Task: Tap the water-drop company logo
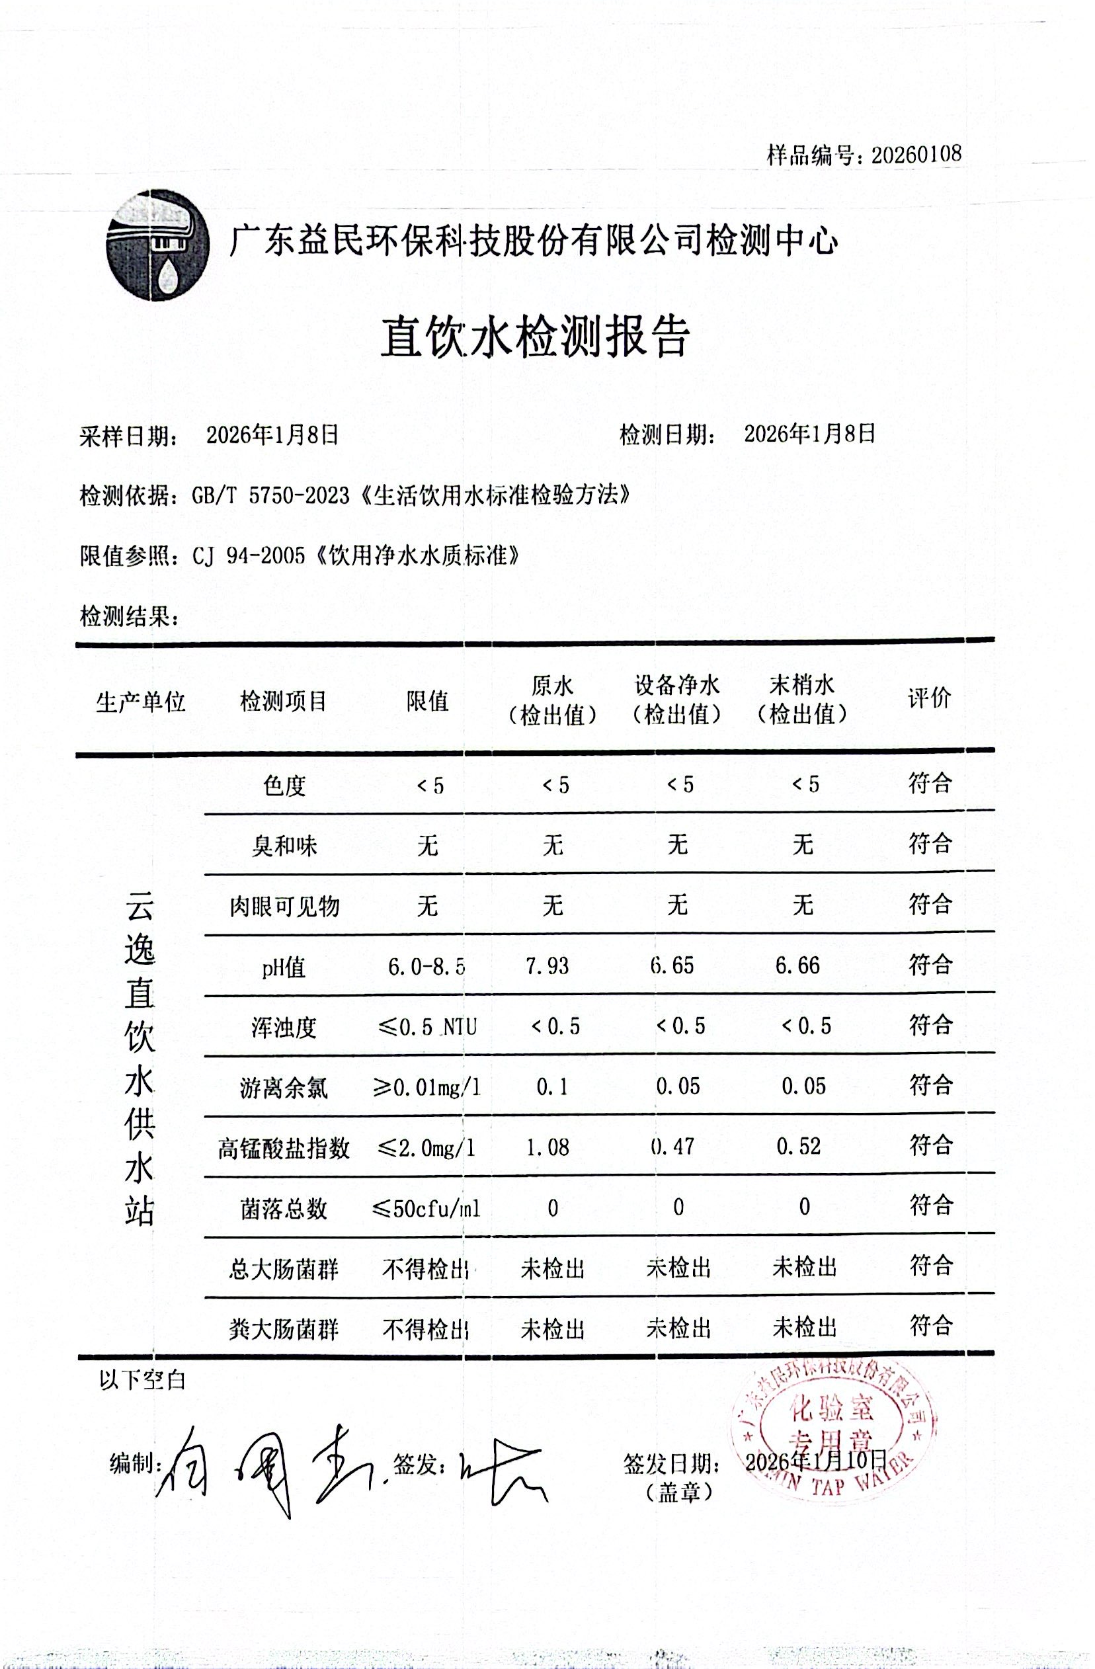[x=158, y=245]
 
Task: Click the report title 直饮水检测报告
[x=536, y=337]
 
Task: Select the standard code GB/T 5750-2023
[x=270, y=496]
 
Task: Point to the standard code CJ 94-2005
[x=248, y=556]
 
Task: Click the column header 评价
[x=929, y=698]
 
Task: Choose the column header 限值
[x=427, y=700]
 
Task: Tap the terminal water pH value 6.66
[x=797, y=965]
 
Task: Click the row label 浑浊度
[x=284, y=1028]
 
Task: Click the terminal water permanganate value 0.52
[x=799, y=1147]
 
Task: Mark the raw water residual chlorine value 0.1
[x=551, y=1088]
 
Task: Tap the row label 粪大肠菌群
[x=284, y=1329]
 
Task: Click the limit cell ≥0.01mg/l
[x=428, y=1088]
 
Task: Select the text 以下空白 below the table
[x=142, y=1380]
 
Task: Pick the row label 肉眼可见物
[x=284, y=906]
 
